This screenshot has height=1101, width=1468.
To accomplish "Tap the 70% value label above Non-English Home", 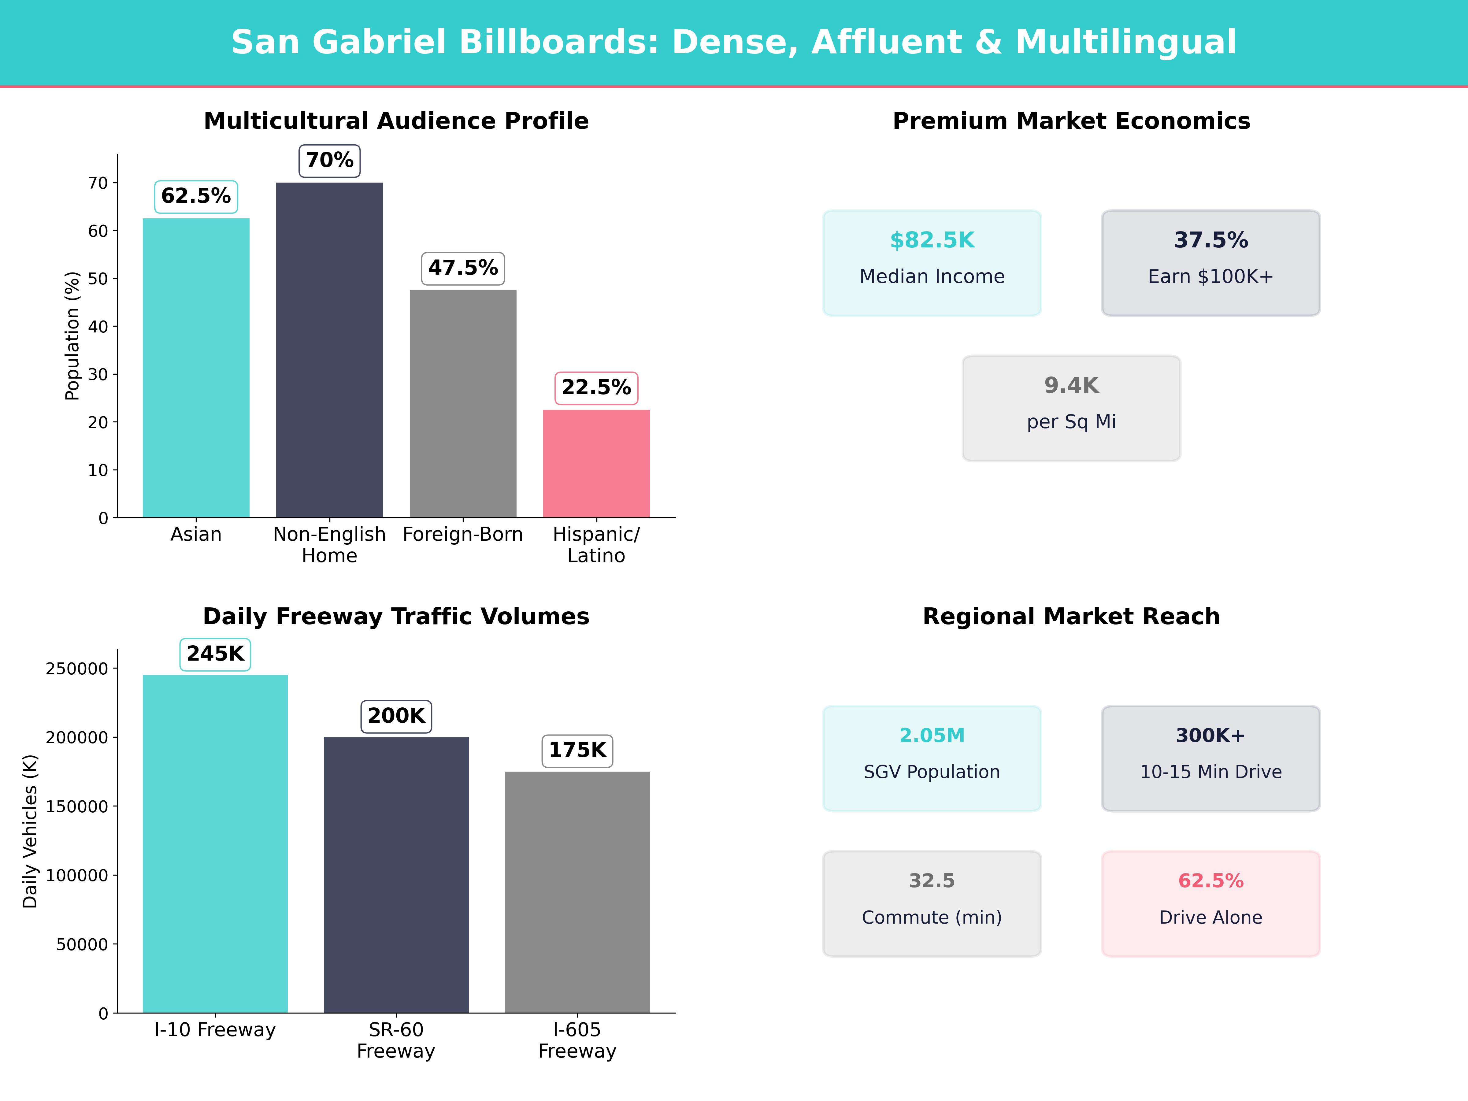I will coord(329,161).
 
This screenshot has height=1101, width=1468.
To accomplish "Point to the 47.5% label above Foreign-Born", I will coord(462,268).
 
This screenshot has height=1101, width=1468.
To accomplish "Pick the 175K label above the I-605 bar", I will coord(577,751).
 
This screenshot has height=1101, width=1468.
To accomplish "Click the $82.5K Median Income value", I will coord(932,240).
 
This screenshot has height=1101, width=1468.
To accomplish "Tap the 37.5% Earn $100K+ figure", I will coord(1210,240).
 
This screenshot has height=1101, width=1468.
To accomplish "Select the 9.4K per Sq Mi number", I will coord(1071,386).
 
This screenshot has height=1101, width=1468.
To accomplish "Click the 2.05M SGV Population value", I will coord(932,735).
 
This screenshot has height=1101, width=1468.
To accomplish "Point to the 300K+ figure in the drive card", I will coord(1210,735).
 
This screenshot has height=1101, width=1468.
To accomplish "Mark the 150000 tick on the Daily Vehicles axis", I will coord(77,806).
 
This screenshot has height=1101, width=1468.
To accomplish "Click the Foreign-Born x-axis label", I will coord(462,534).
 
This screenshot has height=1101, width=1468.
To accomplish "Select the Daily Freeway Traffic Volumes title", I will coord(396,617).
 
